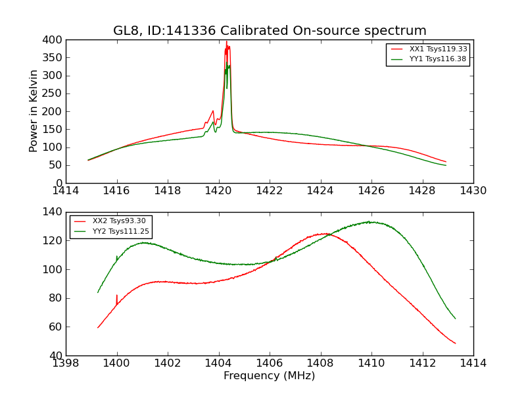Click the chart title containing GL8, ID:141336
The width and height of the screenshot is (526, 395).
[270, 31]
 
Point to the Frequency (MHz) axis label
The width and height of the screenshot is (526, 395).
[270, 376]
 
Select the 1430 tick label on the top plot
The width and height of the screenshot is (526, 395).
[473, 191]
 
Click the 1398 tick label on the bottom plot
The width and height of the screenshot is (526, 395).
[66, 363]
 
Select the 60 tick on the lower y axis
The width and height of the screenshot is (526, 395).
[54, 327]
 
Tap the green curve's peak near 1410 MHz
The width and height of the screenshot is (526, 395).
[371, 222]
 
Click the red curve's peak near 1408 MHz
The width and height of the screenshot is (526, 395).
[322, 234]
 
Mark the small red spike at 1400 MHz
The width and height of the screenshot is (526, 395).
[117, 296]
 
